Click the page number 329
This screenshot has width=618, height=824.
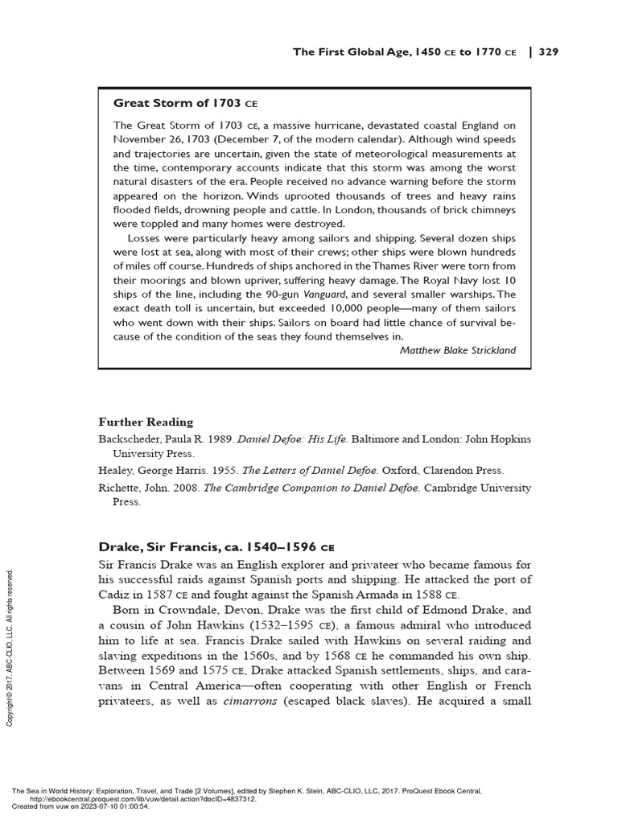[548, 52]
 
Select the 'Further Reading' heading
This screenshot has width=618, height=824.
[146, 422]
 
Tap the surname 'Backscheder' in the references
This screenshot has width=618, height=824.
[134, 439]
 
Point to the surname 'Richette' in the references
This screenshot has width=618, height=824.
[121, 488]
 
